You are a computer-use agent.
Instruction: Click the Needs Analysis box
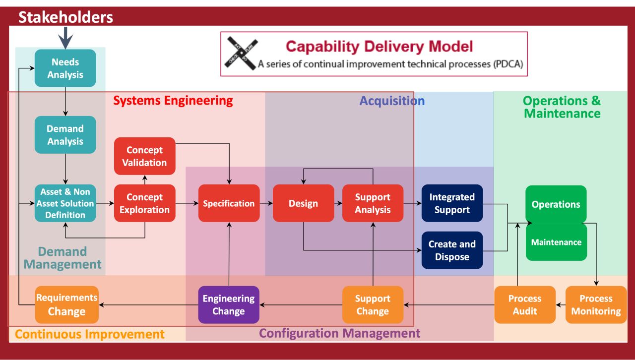coord(65,68)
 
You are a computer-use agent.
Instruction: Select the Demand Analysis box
coord(65,135)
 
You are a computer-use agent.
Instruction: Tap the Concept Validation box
coord(144,156)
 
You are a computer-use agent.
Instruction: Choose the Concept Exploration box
coord(144,203)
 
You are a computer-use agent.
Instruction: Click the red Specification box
coord(229,203)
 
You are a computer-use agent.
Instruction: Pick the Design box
coord(303,203)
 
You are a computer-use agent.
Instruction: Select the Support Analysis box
coord(373,203)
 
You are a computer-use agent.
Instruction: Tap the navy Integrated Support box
coord(452,203)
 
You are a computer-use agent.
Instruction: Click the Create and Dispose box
coord(452,250)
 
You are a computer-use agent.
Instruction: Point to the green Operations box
coord(556,204)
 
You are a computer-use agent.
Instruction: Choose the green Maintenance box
coord(556,242)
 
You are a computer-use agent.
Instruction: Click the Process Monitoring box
coord(596,305)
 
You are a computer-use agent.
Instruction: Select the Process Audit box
coord(525,305)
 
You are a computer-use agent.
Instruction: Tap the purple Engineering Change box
coord(229,305)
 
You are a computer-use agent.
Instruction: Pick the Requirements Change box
coord(66,305)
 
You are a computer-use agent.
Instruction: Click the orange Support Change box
coord(373,305)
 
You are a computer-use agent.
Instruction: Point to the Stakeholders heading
coord(65,17)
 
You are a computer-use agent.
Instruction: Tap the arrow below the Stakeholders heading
coord(65,38)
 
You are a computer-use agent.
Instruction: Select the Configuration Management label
coord(340,333)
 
